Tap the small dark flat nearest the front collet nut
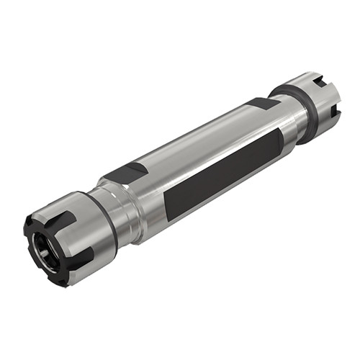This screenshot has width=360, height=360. pyautogui.click(x=126, y=173)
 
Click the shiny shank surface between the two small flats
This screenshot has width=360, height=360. pyautogui.click(x=194, y=140)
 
